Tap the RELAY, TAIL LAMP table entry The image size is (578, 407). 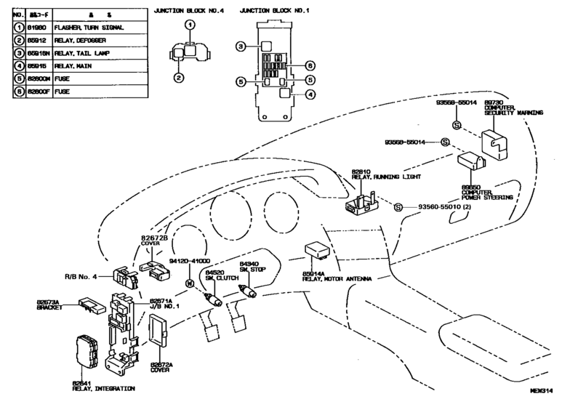coord(84,52)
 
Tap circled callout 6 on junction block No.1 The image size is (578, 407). coord(309,64)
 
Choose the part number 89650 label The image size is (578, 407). coord(471,187)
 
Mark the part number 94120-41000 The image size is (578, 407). coord(190,260)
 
